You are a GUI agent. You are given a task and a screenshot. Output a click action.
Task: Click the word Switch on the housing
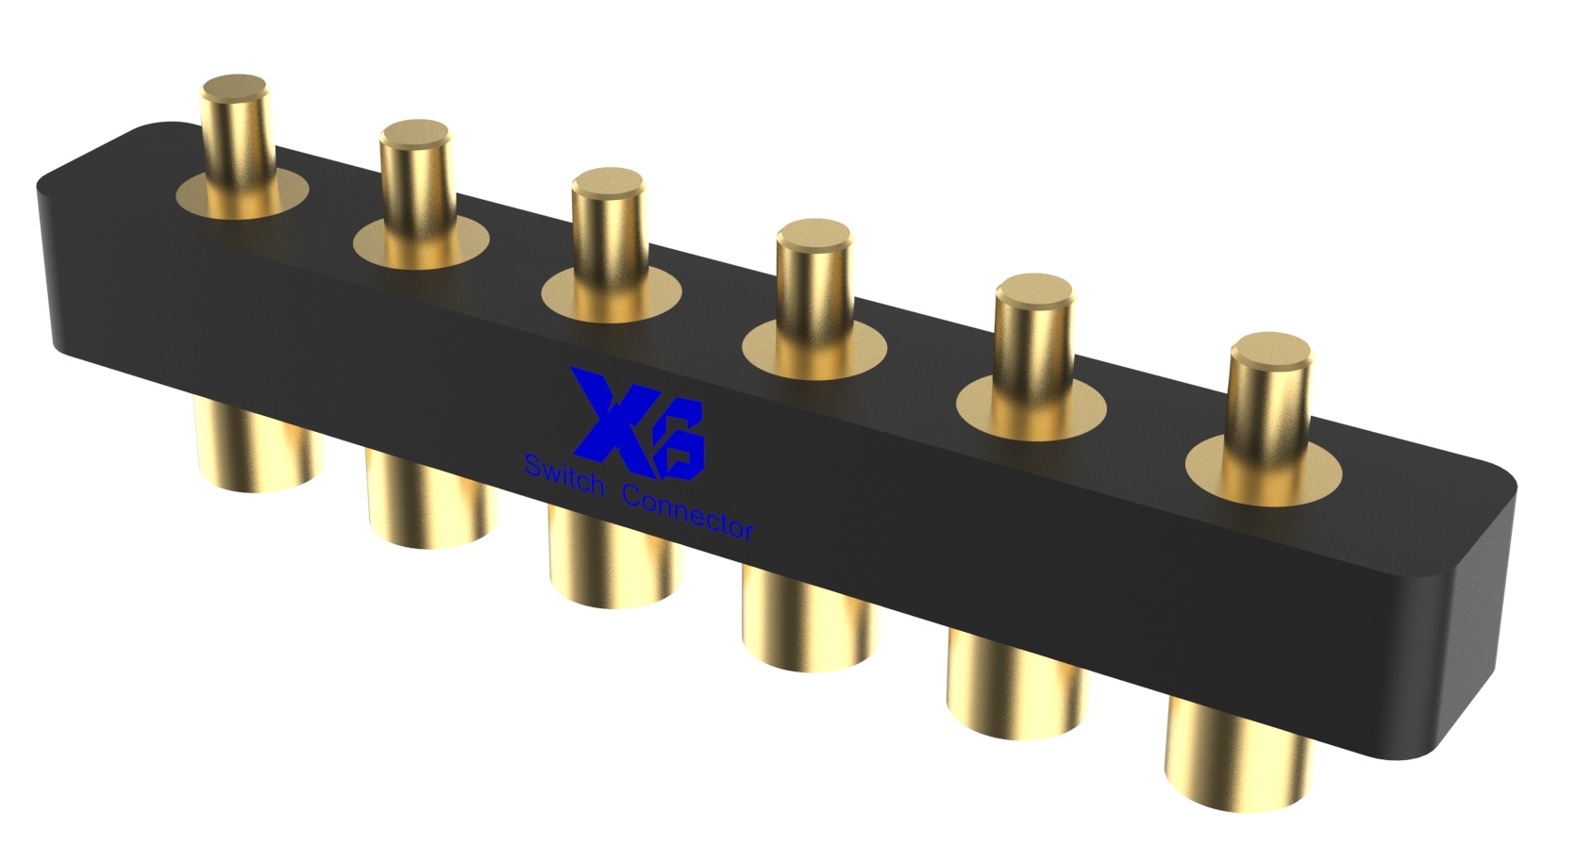click(562, 475)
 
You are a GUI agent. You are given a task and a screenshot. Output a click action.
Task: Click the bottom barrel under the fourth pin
click(810, 623)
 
